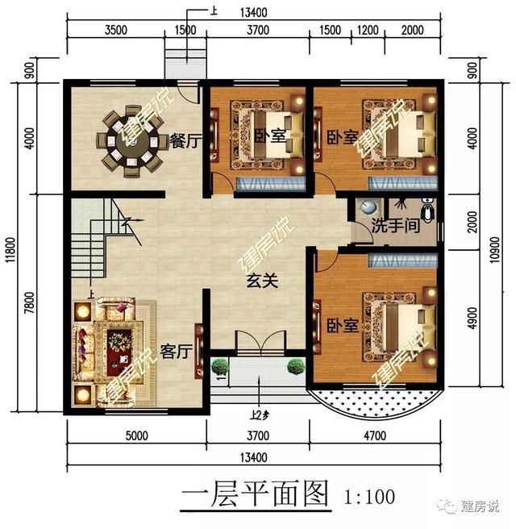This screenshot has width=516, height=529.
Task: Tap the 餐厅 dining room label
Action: [x=185, y=141]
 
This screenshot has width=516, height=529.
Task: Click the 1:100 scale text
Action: [x=369, y=491]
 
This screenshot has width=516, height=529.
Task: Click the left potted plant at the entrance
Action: [x=220, y=368]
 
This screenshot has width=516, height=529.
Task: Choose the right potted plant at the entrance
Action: [x=296, y=367]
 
